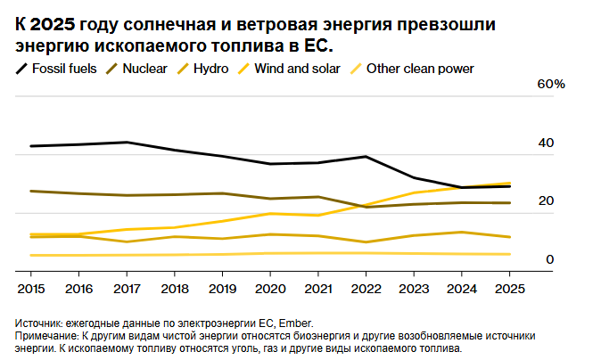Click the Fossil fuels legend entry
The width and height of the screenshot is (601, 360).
tap(56, 69)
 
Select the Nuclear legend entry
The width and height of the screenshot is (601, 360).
tap(136, 69)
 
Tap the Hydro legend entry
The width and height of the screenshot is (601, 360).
tap(202, 69)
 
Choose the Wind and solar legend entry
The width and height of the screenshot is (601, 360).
tap(289, 69)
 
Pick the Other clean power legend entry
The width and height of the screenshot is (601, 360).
tap(413, 69)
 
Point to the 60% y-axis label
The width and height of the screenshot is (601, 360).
tap(551, 85)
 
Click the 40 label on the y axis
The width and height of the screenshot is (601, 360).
tap(546, 143)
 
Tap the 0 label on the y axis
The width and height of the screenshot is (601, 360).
tap(549, 259)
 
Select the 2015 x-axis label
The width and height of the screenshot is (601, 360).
tap(31, 289)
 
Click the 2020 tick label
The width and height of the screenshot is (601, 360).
tap(270, 289)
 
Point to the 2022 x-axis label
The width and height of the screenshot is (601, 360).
tap(366, 289)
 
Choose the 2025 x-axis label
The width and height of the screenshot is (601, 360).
tap(509, 289)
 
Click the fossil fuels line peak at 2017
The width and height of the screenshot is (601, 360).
tap(127, 142)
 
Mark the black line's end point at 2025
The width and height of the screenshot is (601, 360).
tap(509, 186)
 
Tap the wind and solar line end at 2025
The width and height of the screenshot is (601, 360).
tap(509, 183)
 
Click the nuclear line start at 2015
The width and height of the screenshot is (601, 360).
tap(31, 191)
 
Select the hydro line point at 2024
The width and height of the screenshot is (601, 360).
tap(462, 232)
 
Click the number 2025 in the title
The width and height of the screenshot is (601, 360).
tap(52, 25)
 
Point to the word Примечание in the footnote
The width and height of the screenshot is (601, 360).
tap(46, 336)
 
